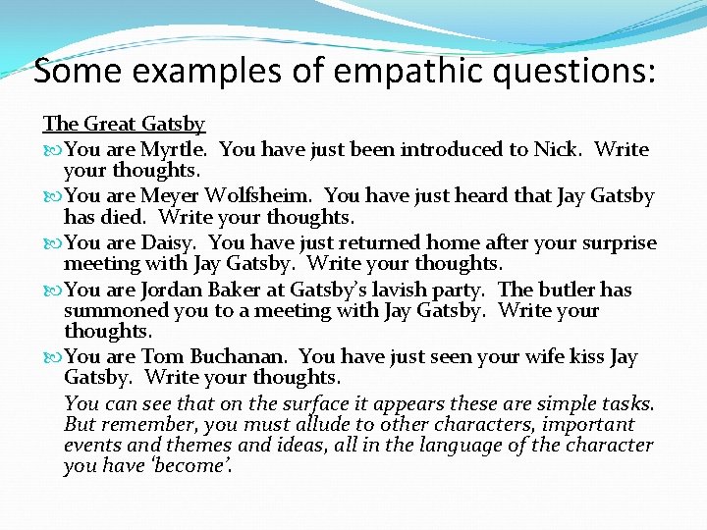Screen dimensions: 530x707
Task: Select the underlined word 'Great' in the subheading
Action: point(110,124)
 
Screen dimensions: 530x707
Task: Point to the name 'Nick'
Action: point(557,149)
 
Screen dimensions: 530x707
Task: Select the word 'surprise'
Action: point(618,242)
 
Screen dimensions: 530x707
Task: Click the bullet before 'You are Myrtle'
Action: point(51,150)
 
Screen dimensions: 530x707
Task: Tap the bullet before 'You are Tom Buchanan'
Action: point(51,357)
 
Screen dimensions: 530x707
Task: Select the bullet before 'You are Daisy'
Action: point(51,243)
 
